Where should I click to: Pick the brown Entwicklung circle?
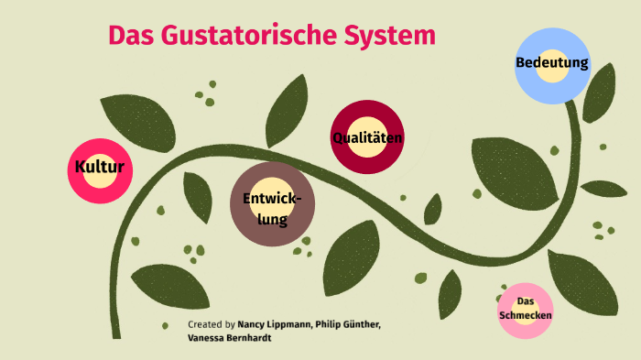[273, 205]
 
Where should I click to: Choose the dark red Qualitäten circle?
[367, 138]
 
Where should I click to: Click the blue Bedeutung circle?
[551, 65]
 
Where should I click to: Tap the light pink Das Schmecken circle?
[526, 309]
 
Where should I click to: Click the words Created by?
[211, 324]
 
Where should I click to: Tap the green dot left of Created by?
[166, 325]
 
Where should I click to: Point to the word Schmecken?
[526, 315]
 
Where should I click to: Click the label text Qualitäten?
[367, 138]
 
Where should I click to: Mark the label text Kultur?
[99, 168]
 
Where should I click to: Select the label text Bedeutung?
[551, 64]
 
